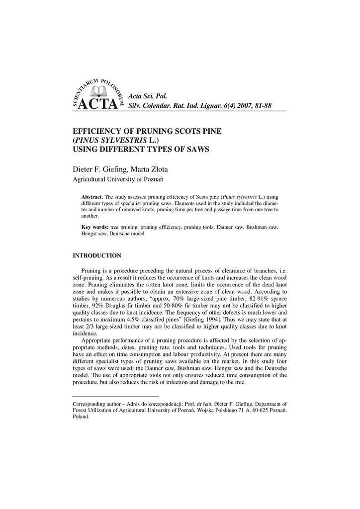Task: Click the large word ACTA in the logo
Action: [x=98, y=105]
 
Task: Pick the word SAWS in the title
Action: [x=197, y=149]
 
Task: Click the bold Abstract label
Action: [x=92, y=197]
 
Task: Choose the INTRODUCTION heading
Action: [x=97, y=256]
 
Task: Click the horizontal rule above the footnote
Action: [x=108, y=396]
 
